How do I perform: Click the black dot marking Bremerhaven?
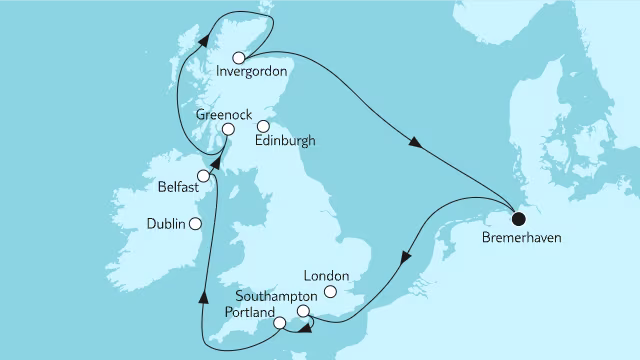point(518,219)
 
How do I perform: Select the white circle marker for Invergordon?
point(238,57)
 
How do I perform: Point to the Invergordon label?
point(252,72)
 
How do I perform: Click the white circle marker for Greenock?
point(228,129)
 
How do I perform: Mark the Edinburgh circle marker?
point(264,127)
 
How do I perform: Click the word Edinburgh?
point(285,142)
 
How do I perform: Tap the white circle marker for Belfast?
point(203,176)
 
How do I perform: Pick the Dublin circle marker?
point(196,224)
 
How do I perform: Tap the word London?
point(326,276)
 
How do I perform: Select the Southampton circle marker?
point(303,312)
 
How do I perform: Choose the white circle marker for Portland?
point(280,323)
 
